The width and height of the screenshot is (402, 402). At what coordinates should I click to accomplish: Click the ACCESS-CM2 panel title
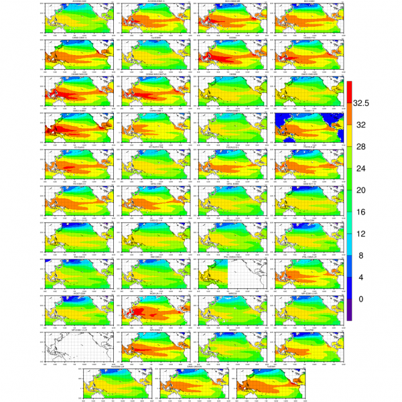(68, 2)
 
